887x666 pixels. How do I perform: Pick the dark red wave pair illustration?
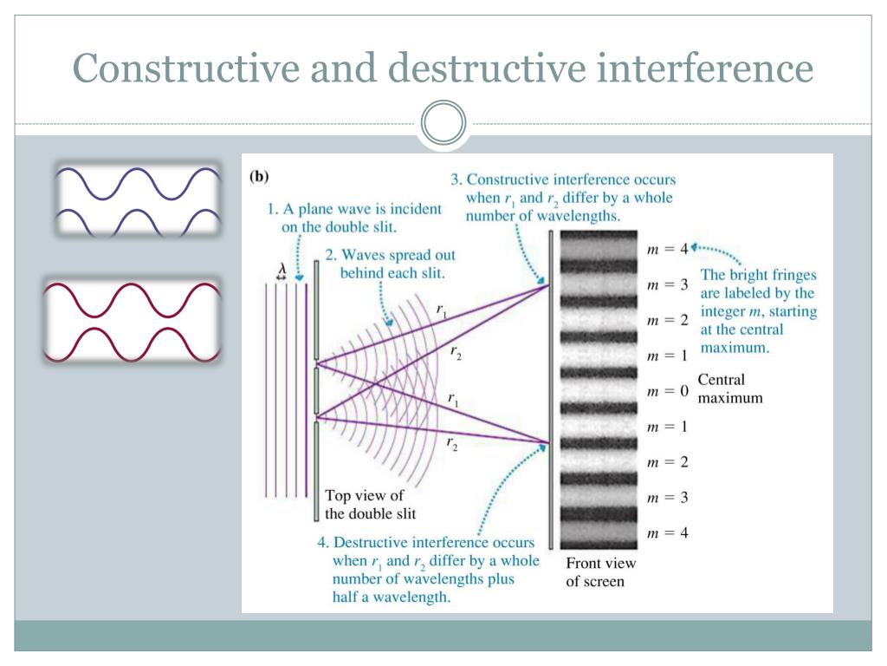[133, 318]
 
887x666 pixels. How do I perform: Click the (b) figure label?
[259, 176]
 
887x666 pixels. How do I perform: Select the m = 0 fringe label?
[667, 391]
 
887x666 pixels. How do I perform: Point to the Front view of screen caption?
[600, 572]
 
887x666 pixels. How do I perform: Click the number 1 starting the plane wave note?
[271, 209]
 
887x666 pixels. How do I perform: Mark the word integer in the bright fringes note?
[723, 311]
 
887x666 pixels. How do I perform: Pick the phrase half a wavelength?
[390, 597]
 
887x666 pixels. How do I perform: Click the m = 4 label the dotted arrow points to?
[667, 249]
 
